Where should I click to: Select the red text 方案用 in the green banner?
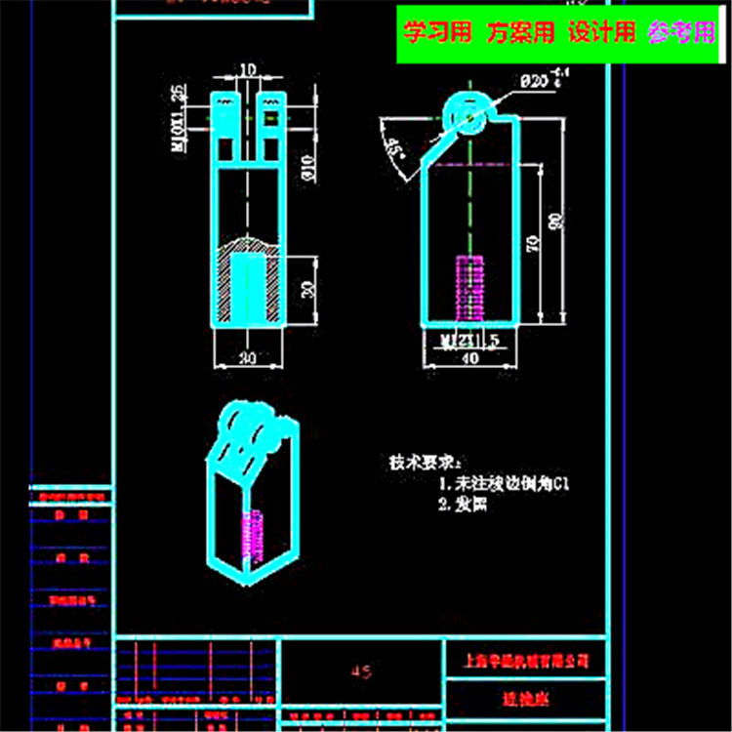coord(520,34)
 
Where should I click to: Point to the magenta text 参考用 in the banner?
coord(681,34)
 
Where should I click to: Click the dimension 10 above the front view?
coord(247,70)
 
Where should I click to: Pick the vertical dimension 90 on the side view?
coord(557,223)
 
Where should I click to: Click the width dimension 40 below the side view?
coord(470,358)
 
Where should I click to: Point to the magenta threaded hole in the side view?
coord(470,289)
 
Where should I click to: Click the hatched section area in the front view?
coord(227,287)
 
